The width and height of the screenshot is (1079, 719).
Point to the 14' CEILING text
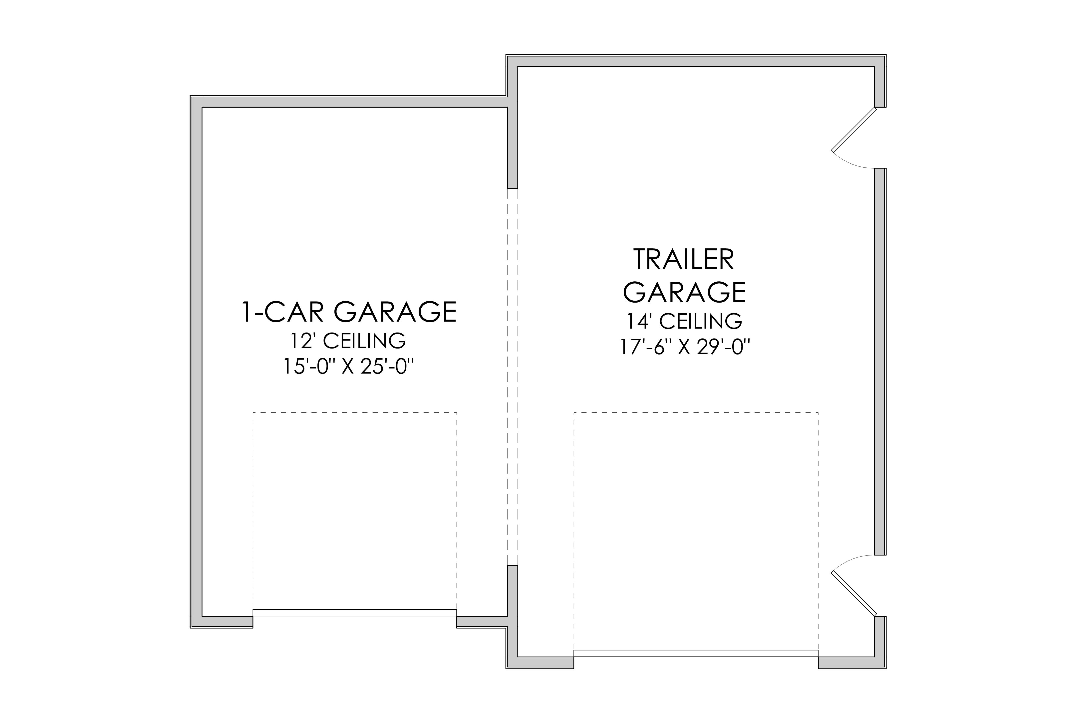click(684, 322)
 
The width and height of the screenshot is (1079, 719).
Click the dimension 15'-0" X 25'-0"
click(349, 367)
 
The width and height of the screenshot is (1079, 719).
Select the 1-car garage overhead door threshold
click(355, 613)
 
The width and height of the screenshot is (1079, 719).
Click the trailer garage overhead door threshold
click(696, 653)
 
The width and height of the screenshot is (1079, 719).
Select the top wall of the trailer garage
click(696, 60)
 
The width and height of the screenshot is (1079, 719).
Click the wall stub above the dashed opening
click(513, 142)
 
